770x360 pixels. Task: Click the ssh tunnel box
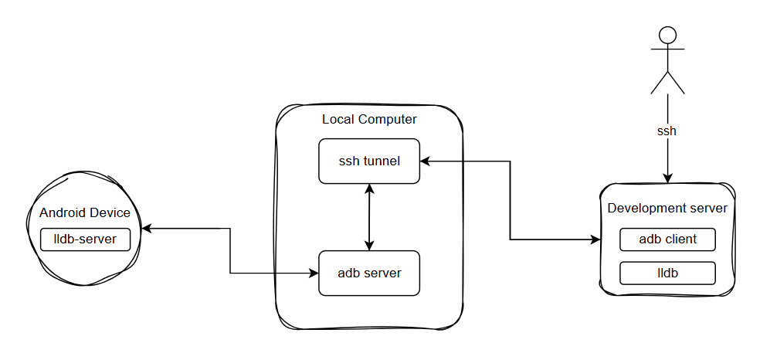click(369, 161)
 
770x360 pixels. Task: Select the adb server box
click(369, 273)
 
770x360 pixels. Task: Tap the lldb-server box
click(85, 239)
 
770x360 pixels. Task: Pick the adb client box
click(667, 239)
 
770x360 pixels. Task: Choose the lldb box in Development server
click(667, 273)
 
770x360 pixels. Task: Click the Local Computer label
click(369, 119)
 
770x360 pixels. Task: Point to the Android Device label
click(85, 213)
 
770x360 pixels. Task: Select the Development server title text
click(667, 208)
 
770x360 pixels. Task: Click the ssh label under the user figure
click(667, 131)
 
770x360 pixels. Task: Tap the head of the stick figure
click(667, 35)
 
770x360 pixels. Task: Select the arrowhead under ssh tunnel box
click(370, 188)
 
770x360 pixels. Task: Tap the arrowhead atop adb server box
click(370, 246)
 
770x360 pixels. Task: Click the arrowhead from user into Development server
click(667, 178)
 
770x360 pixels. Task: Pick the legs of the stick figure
click(667, 82)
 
